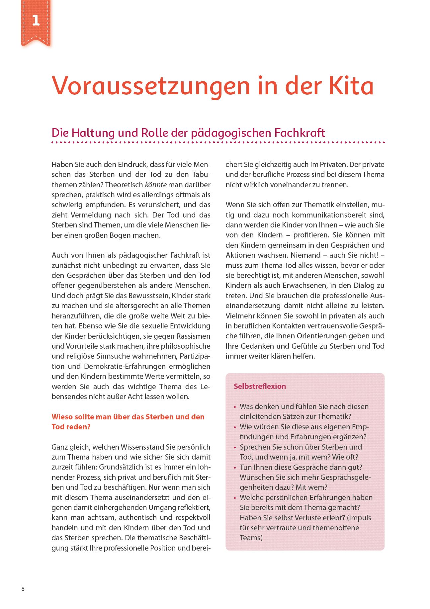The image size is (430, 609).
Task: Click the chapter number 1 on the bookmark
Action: pyautogui.click(x=36, y=21)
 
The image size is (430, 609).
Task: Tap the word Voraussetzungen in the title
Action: pyautogui.click(x=151, y=86)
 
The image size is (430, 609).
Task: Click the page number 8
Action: pyautogui.click(x=23, y=589)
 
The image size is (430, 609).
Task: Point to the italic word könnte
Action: pyautogui.click(x=156, y=185)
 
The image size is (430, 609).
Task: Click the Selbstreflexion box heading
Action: pyautogui.click(x=259, y=386)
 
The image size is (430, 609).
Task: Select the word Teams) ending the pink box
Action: pyautogui.click(x=251, y=538)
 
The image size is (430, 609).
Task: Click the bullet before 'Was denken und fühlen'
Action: pyautogui.click(x=235, y=407)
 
